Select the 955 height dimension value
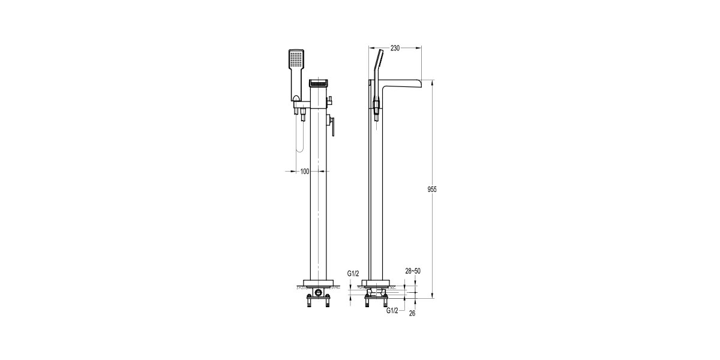(x=431, y=190)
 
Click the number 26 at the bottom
(x=412, y=313)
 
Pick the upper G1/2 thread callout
(x=353, y=274)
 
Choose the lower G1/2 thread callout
(x=392, y=310)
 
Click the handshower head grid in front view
(x=295, y=60)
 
